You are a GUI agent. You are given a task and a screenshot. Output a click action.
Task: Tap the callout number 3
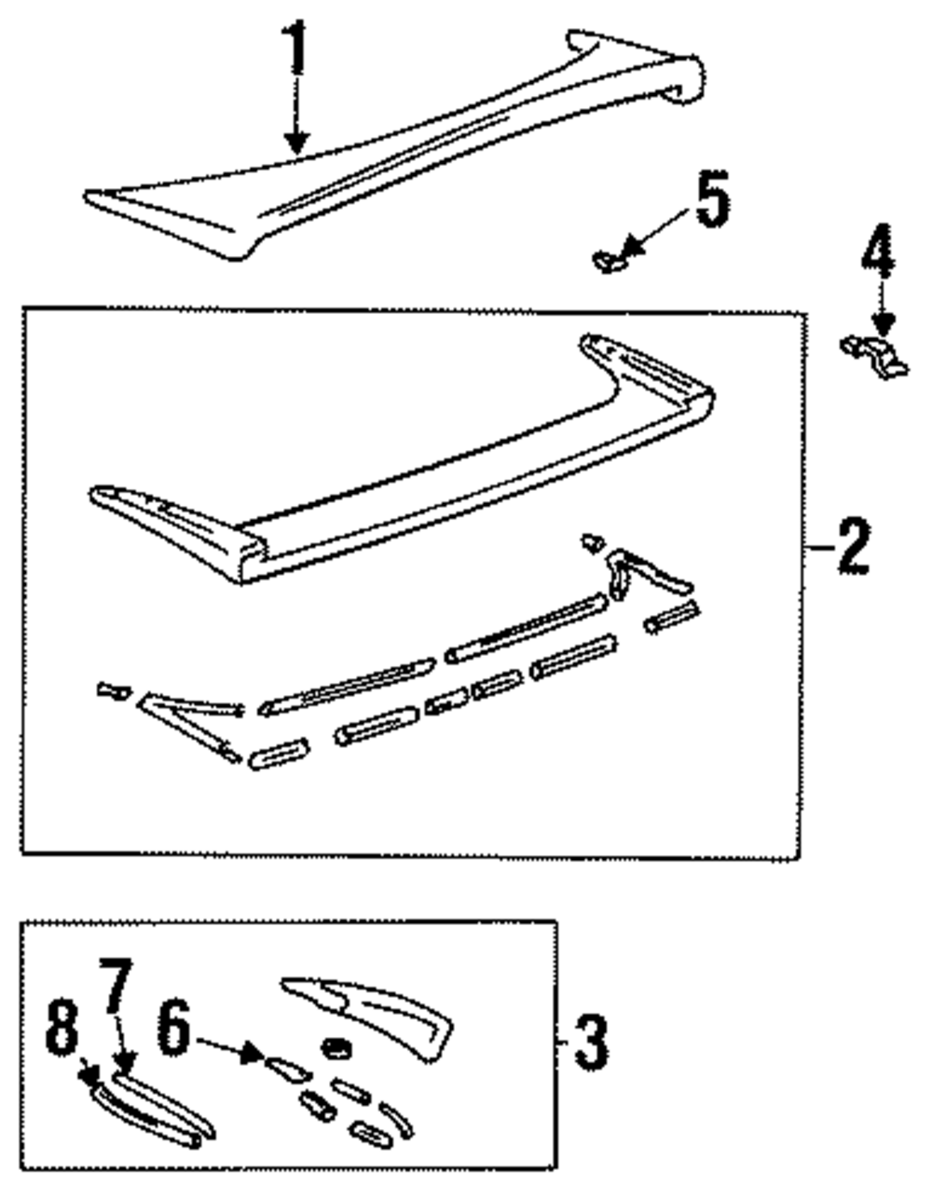(591, 1042)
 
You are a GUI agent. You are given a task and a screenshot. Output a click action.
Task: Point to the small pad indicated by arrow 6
(283, 1068)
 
